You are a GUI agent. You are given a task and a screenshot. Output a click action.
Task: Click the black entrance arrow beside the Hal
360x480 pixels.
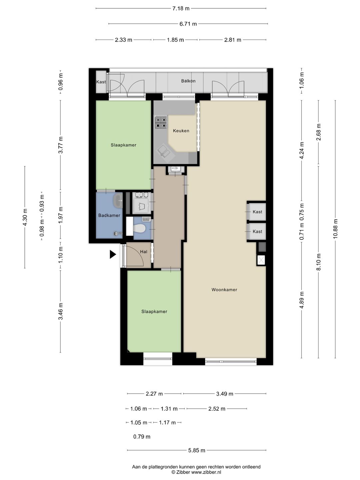113,254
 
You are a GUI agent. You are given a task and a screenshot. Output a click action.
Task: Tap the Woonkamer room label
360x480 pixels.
224,290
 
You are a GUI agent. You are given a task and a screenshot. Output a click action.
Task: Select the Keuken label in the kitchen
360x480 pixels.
181,131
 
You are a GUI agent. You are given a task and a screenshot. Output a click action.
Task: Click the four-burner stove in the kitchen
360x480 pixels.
161,122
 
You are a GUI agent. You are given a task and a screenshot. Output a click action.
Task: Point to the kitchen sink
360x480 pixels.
165,151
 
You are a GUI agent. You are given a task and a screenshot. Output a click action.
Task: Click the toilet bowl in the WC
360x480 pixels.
139,229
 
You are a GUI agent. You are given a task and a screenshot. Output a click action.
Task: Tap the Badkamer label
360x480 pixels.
109,215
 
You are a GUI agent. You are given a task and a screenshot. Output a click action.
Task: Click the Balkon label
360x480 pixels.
188,81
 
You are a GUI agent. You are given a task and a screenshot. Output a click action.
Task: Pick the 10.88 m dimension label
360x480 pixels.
335,229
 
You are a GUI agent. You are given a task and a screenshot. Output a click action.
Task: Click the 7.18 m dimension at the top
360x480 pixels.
181,9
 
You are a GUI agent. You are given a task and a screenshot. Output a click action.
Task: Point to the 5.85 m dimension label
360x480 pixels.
197,450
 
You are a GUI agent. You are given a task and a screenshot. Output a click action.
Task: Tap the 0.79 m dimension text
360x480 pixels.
142,437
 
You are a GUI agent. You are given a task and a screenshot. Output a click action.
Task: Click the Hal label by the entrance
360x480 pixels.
144,252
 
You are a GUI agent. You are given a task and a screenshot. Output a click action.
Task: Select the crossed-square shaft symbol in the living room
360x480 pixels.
261,260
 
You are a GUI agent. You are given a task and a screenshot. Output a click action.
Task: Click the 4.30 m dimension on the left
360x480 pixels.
25,217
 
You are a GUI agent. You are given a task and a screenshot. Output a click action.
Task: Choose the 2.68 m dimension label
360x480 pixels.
318,132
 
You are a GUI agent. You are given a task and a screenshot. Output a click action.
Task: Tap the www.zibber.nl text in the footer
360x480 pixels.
206,472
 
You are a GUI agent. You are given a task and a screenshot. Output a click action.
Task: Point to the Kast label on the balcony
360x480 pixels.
101,82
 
